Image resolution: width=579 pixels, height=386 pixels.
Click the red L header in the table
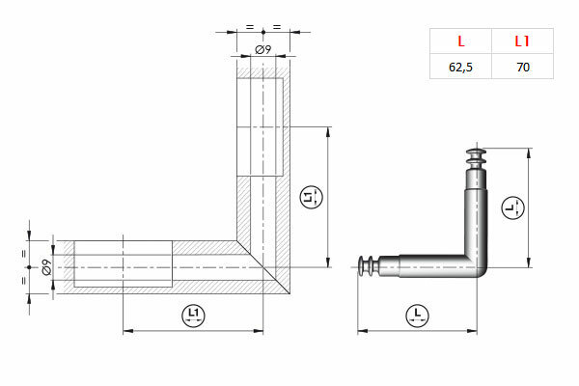[x=461, y=41]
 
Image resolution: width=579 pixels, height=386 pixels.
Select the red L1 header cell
[x=522, y=41]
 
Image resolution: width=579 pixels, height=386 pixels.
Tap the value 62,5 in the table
[x=460, y=68]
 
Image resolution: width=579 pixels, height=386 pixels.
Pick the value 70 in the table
[x=523, y=67]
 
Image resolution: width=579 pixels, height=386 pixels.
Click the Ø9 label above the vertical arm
[x=263, y=49]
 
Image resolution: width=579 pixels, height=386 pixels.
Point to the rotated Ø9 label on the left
[x=46, y=267]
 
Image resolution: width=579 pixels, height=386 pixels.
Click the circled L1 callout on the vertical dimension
[x=311, y=197]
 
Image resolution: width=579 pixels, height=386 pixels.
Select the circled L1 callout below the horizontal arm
[x=194, y=316]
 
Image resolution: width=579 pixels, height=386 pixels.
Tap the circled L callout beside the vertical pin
[x=513, y=207]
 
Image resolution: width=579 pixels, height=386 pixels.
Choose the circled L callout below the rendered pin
[x=417, y=316]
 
